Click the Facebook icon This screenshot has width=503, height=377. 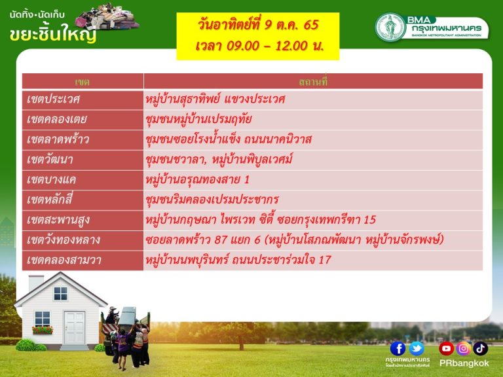(x=398, y=348)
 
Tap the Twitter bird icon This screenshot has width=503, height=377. (x=417, y=348)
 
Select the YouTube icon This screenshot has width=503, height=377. (x=446, y=348)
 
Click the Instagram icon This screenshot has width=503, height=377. (x=463, y=348)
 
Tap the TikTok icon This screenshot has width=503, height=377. (x=480, y=348)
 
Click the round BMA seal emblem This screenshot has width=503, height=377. (x=390, y=27)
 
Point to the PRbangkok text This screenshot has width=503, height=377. (x=464, y=363)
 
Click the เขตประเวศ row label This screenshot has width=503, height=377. (x=53, y=99)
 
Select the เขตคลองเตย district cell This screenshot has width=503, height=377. (x=57, y=120)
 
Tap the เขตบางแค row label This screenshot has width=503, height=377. (x=51, y=180)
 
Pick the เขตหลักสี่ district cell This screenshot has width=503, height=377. (x=50, y=200)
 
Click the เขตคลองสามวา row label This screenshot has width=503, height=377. (x=64, y=260)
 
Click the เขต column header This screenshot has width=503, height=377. (x=82, y=82)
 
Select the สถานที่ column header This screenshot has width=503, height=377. (x=313, y=82)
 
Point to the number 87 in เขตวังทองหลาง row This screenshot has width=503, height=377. (x=221, y=240)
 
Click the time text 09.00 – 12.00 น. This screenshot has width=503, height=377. (x=259, y=46)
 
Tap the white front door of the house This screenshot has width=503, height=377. (x=75, y=328)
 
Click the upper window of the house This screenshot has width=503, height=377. (x=60, y=293)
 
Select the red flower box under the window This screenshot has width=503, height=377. (x=43, y=330)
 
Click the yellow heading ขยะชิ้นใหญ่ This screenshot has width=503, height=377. (x=53, y=33)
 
